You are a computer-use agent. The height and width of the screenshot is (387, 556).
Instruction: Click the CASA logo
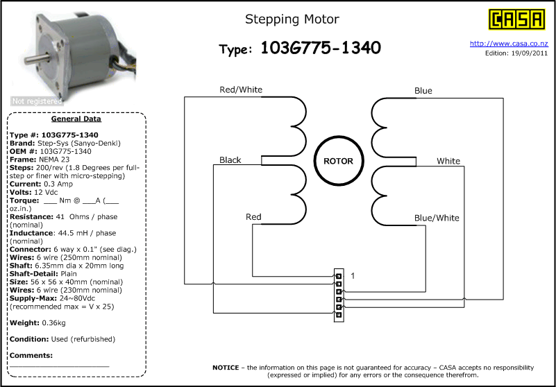pyautogui.click(x=516, y=19)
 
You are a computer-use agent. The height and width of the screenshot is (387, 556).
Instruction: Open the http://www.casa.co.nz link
pyautogui.click(x=509, y=44)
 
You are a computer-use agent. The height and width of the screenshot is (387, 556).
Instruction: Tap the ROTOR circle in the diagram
pyautogui.click(x=338, y=161)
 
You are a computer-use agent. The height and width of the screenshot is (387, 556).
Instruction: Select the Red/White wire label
pyautogui.click(x=241, y=89)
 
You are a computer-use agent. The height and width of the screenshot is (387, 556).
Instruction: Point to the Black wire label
pyautogui.click(x=230, y=160)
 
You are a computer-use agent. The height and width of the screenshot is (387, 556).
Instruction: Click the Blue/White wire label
pyautogui.click(x=437, y=218)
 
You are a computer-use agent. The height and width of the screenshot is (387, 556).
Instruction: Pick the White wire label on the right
pyautogui.click(x=448, y=161)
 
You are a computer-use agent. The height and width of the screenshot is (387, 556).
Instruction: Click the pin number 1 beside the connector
pyautogui.click(x=353, y=275)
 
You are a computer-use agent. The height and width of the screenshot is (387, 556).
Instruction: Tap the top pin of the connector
pyautogui.click(x=339, y=276)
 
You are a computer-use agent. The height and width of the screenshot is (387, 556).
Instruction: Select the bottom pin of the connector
pyautogui.click(x=339, y=314)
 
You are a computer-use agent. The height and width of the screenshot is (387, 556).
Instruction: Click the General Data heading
pyautogui.click(x=76, y=119)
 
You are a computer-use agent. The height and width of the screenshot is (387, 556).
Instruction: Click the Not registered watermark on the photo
pyautogui.click(x=37, y=101)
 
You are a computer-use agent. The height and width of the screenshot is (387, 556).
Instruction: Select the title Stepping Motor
pyautogui.click(x=292, y=19)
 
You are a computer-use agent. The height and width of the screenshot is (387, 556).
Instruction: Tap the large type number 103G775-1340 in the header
pyautogui.click(x=321, y=48)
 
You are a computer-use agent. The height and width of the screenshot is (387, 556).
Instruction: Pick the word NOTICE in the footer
pyautogui.click(x=226, y=368)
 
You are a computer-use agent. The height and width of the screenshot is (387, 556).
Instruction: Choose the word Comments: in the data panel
pyautogui.click(x=31, y=356)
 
